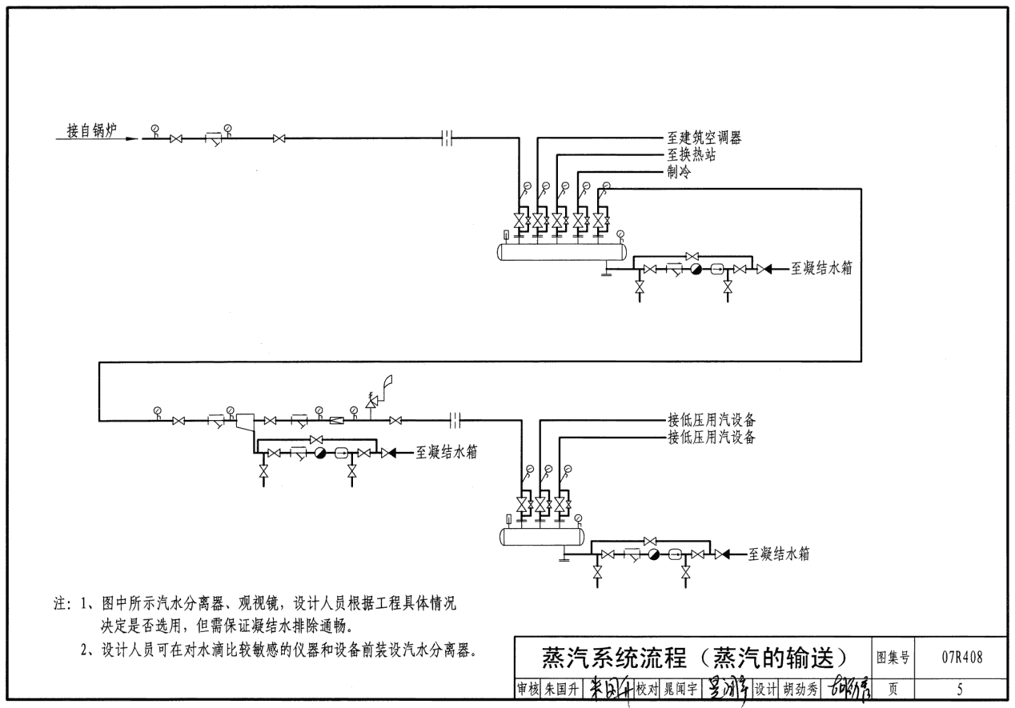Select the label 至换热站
pyautogui.click(x=692, y=155)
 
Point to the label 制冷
pyautogui.click(x=679, y=172)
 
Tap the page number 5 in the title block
pyautogui.click(x=960, y=687)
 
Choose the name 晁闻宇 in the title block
pyautogui.click(x=681, y=687)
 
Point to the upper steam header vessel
pyautogui.click(x=561, y=250)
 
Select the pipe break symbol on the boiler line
pyautogui.click(x=447, y=139)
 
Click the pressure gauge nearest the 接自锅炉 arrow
pyautogui.click(x=154, y=129)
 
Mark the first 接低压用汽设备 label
pyautogui.click(x=712, y=420)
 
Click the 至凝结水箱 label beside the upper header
pyautogui.click(x=821, y=270)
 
